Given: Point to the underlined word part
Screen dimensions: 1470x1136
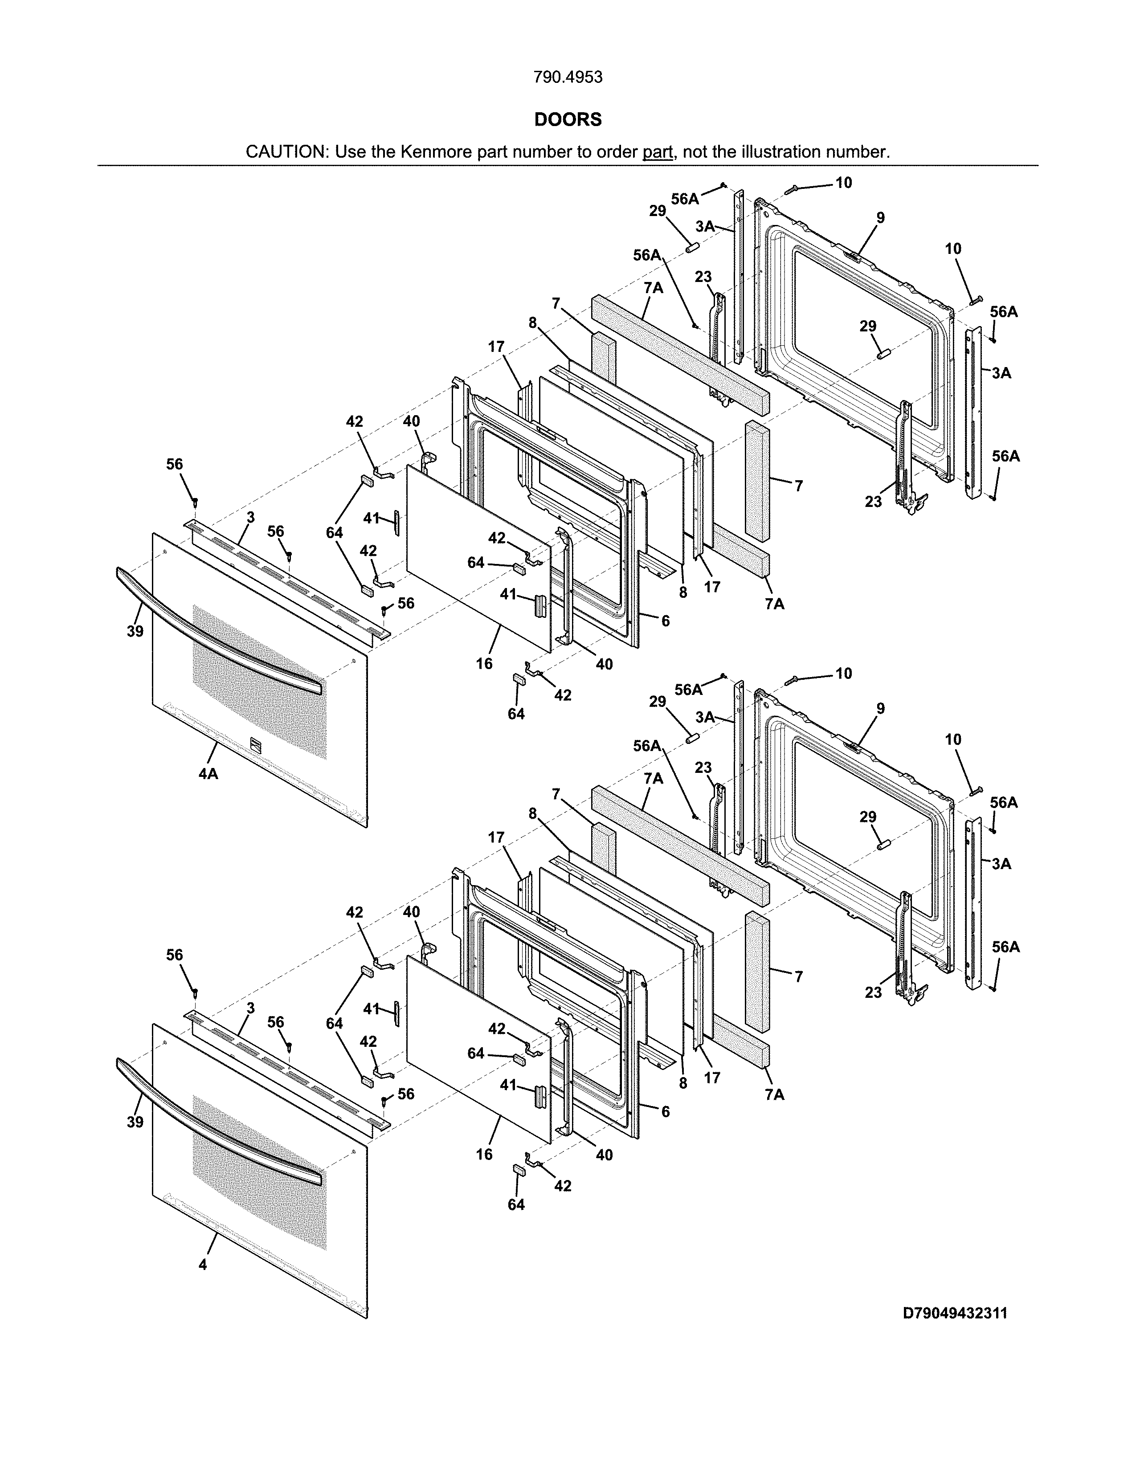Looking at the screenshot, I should coord(658,152).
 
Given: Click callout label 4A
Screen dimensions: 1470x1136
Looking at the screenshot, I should coord(208,774).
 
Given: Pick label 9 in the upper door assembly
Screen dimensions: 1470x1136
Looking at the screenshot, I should coord(880,218).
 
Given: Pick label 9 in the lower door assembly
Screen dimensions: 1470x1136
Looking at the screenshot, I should coord(880,709).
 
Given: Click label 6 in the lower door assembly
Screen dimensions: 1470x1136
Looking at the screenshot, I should coord(665,1111).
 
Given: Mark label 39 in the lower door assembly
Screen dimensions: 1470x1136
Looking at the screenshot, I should coord(135,1122).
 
